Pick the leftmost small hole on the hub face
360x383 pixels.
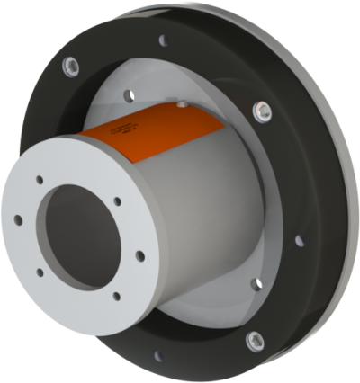pyautogui.click(x=20, y=218)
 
